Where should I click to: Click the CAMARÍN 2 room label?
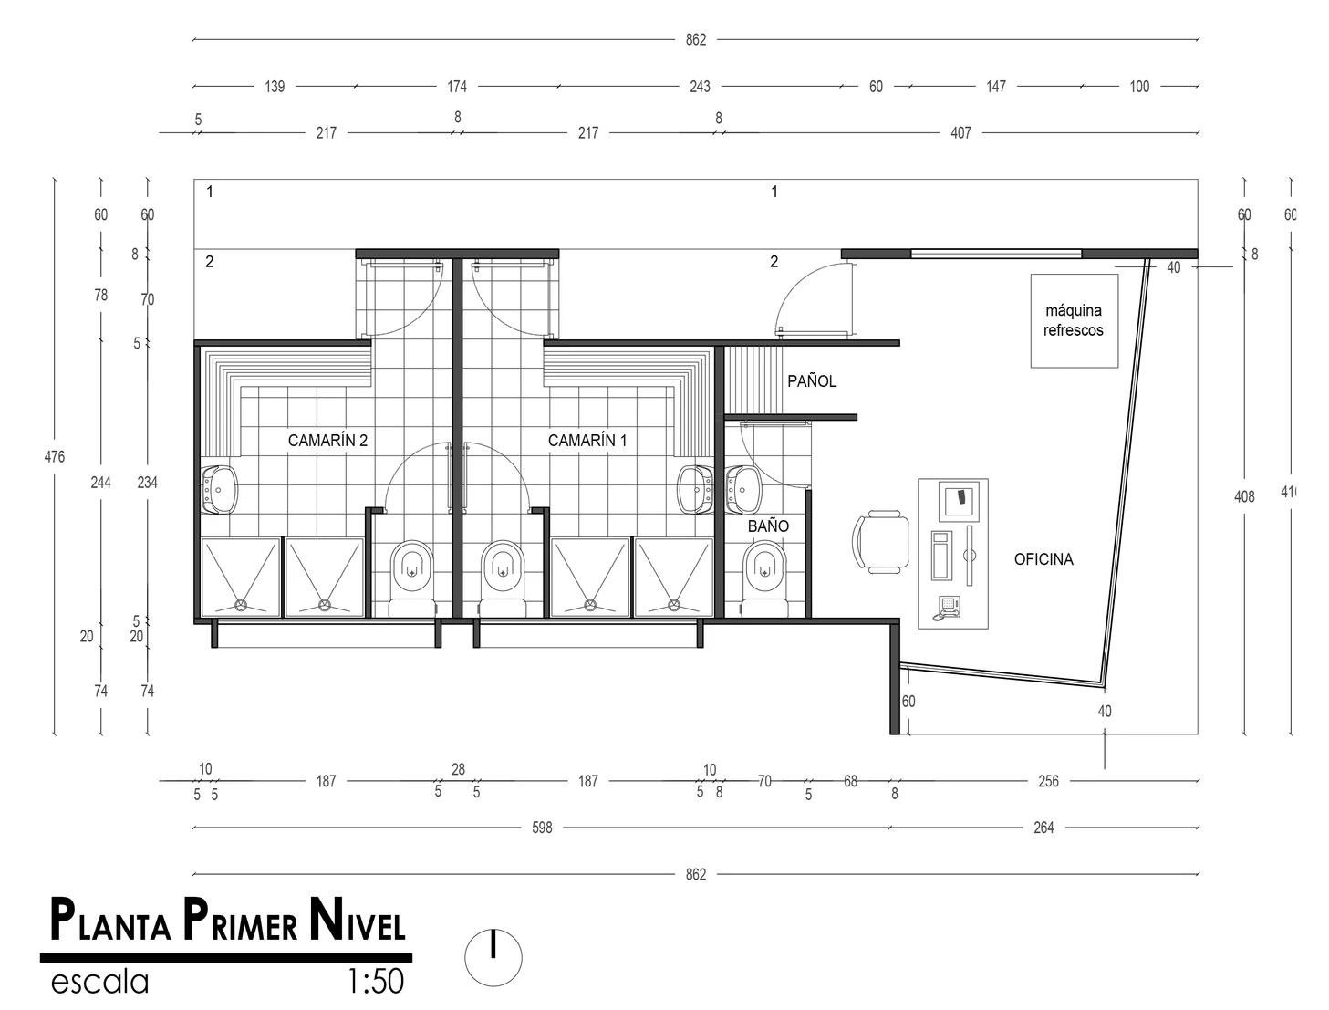(327, 440)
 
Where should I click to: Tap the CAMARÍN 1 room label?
(587, 440)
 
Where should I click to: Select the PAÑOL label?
(811, 380)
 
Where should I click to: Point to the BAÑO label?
(768, 526)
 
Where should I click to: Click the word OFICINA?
(1043, 559)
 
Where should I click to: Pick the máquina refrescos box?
(1075, 321)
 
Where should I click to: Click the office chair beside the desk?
(880, 542)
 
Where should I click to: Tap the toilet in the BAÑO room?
(765, 578)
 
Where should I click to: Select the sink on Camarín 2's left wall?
(219, 490)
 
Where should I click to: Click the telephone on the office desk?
(948, 608)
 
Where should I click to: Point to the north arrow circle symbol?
(493, 957)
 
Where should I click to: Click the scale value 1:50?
(376, 982)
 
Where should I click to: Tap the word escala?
(100, 982)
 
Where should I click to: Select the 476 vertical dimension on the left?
(55, 456)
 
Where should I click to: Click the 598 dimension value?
(542, 828)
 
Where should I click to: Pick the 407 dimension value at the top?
(960, 132)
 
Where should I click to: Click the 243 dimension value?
(700, 87)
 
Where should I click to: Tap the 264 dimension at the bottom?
(1043, 828)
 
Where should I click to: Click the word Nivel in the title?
(358, 920)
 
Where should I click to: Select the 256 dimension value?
(1049, 781)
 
